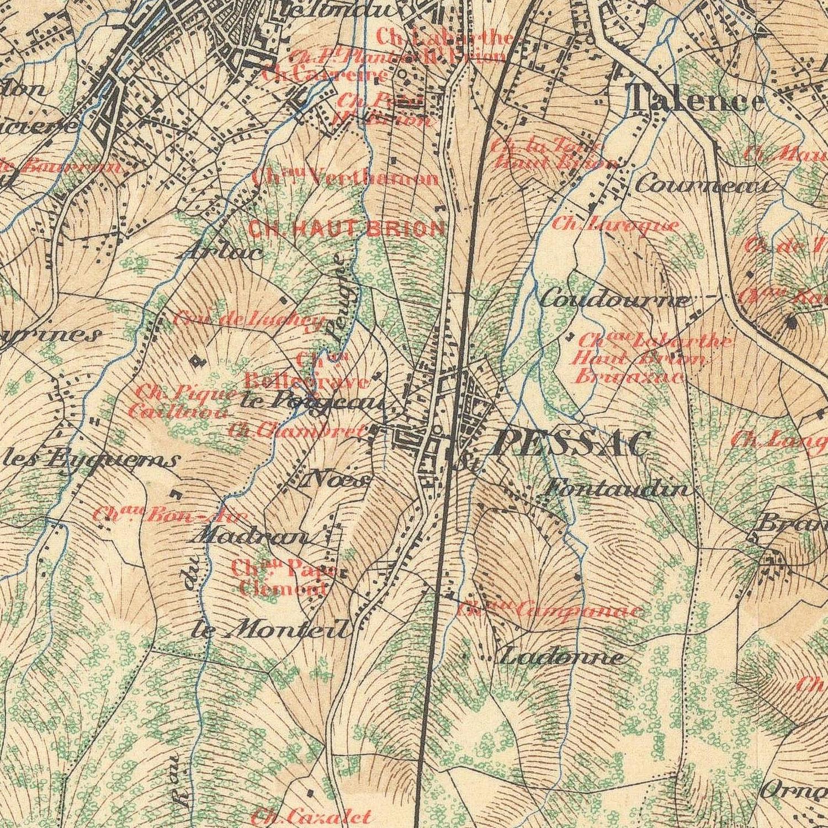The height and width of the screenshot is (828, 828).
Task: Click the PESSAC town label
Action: coord(571,443)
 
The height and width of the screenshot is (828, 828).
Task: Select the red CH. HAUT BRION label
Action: coord(347,229)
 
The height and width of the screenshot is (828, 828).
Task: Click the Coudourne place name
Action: coord(614,300)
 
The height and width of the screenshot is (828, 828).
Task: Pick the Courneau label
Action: coord(703,185)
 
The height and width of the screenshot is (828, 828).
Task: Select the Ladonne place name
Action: coord(562,656)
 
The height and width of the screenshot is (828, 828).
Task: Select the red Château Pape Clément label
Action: coord(283,577)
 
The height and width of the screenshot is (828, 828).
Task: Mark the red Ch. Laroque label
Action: coord(615,224)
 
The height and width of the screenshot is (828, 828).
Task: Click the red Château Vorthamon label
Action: coord(346,178)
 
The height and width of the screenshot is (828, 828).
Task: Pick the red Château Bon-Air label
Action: coord(162,516)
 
